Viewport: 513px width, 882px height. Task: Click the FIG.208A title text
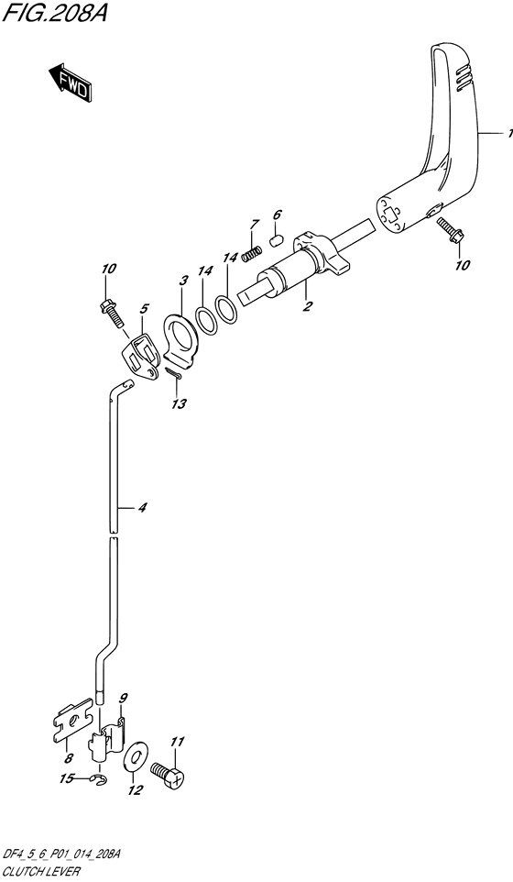[x=54, y=12]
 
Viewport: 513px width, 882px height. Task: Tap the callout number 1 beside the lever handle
[x=509, y=133]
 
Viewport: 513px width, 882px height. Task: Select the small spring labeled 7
[x=251, y=254]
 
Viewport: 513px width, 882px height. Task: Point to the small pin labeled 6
[x=275, y=241]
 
